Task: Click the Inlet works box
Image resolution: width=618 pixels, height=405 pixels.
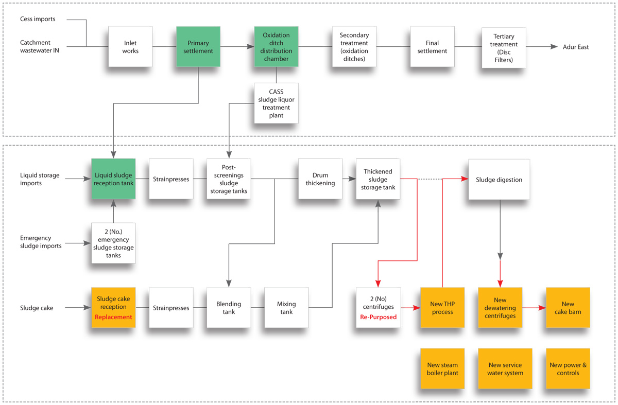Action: coord(130,47)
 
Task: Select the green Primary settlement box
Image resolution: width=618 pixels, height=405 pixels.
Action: coord(198,47)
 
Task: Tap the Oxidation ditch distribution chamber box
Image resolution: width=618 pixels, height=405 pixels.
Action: coord(276,47)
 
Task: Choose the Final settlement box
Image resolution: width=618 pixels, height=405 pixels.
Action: coord(432,47)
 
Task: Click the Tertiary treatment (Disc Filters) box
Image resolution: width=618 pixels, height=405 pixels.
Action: coord(504,48)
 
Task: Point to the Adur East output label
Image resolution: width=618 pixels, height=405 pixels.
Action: coord(576,47)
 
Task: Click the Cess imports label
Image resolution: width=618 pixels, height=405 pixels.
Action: coord(38,19)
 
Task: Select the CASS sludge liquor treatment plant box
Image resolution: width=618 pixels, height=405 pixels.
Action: coord(276,103)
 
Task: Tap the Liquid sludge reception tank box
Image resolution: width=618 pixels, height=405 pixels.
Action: coord(113,179)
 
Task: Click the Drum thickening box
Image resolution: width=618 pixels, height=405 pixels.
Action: coord(320,179)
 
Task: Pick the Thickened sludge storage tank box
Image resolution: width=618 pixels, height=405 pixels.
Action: coord(378,179)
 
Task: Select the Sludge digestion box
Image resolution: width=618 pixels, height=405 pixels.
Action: coord(500,180)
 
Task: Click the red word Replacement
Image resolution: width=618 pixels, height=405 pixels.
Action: coord(113,317)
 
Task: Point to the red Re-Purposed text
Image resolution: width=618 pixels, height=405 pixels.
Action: coord(378,317)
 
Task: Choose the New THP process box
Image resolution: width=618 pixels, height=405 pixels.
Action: coord(442,308)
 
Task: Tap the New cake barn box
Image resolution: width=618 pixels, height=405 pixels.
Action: coord(568,308)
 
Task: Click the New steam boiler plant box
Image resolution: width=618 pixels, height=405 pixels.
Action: coord(442,369)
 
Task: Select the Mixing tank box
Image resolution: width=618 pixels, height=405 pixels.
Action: coord(286,308)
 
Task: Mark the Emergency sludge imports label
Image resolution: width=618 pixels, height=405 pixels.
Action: coord(41,242)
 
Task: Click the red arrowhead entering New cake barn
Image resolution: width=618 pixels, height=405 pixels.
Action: coord(542,308)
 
